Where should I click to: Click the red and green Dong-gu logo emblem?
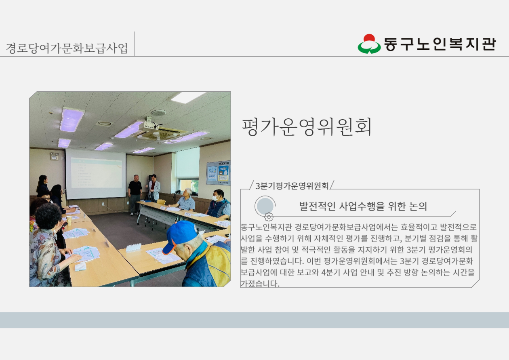tap(369, 44)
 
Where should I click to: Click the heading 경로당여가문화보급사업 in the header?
tap(67, 48)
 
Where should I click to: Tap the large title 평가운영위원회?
tap(307, 127)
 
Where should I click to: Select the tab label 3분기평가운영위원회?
tap(292, 186)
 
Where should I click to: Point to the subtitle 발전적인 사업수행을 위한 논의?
tap(363, 206)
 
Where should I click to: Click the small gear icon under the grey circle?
tap(269, 217)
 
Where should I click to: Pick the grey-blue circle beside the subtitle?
tap(265, 206)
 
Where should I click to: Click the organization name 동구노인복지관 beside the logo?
tap(440, 44)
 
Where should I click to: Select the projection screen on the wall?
tap(96, 174)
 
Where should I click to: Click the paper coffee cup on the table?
tap(69, 221)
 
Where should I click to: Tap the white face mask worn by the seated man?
tap(215, 198)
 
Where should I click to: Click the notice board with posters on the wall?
tap(219, 173)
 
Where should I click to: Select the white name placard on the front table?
tap(134, 247)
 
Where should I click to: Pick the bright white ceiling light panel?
tap(188, 97)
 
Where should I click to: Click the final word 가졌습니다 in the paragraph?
tap(260, 283)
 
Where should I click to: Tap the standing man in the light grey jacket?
tap(154, 188)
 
